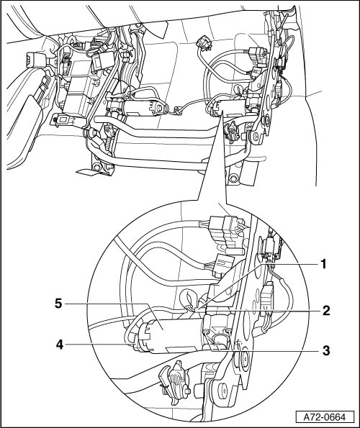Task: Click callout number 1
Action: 323,264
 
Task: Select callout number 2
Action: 327,311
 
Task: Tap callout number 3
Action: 326,351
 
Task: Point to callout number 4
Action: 60,345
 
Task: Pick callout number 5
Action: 58,304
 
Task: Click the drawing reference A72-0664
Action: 325,417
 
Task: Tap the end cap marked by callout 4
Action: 143,337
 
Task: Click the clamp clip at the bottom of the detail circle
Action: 174,379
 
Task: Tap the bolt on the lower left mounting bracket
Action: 96,166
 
